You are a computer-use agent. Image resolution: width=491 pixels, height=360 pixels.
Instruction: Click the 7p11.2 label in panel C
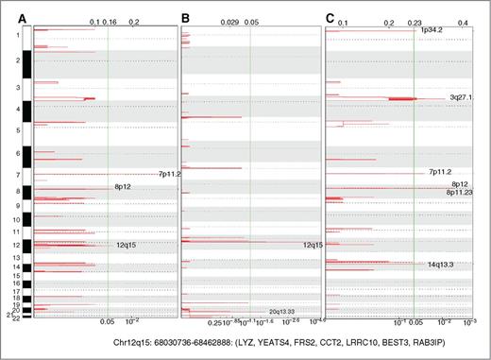tap(439, 172)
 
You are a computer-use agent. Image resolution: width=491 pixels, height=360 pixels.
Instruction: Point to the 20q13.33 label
tap(282, 311)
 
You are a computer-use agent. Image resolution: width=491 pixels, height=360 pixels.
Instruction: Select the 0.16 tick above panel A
tap(110, 21)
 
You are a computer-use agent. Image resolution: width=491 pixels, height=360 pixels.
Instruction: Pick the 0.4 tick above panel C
tap(464, 21)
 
